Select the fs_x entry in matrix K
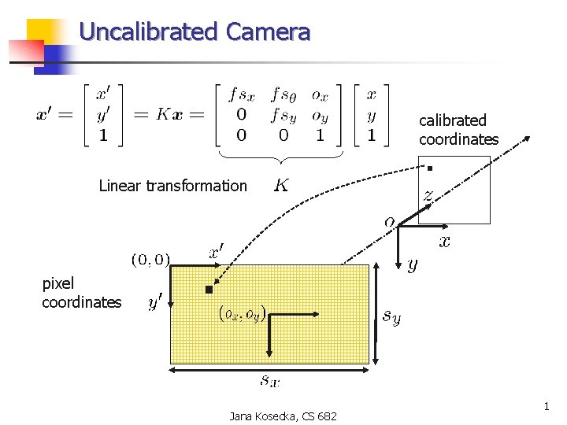(242, 96)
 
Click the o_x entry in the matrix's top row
(320, 96)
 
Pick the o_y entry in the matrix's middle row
(320, 116)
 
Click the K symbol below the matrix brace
(280, 186)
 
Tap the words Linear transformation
(172, 186)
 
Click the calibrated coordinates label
(458, 130)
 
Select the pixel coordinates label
(81, 293)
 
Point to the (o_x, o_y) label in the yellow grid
(242, 314)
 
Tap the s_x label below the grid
(270, 382)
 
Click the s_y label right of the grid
(391, 316)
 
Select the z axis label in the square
(428, 194)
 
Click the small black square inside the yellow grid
(209, 290)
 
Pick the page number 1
(545, 407)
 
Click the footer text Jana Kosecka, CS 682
(283, 416)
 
